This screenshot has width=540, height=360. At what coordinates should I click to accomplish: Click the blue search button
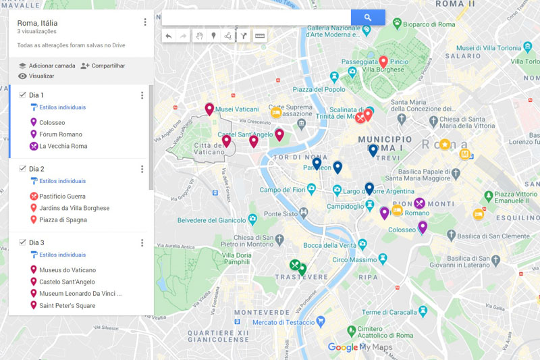tap(367, 18)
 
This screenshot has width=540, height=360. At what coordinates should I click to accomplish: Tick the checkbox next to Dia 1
tap(22, 95)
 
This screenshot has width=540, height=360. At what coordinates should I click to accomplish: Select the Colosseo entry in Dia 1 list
tap(52, 123)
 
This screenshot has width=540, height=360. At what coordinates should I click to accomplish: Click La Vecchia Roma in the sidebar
tap(63, 147)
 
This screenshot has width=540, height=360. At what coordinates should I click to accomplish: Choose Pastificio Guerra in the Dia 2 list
tap(62, 197)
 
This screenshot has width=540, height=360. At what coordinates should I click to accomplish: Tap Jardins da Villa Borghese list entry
tap(74, 208)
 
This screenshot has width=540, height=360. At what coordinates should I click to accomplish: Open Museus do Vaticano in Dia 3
tap(67, 270)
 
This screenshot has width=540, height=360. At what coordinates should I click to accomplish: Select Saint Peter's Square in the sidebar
tap(67, 306)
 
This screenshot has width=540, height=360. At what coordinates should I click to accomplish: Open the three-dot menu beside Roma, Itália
tap(144, 22)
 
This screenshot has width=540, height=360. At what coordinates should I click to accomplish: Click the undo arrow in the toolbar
tap(169, 36)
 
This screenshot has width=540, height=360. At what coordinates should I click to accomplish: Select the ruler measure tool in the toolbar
tap(259, 36)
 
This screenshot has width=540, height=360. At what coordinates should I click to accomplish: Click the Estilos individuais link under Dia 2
tap(62, 181)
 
